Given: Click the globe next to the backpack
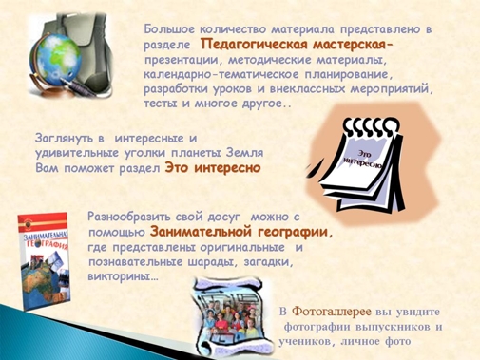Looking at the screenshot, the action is [57, 60].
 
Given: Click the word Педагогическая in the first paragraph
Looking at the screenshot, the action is [255, 45].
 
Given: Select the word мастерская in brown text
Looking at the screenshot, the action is [350, 45].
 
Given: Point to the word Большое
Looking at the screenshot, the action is [169, 29].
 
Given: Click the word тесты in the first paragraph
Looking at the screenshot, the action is [160, 104].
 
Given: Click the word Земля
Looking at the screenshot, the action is [244, 153].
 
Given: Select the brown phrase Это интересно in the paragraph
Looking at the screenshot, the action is [213, 168].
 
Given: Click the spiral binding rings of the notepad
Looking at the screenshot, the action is [372, 126].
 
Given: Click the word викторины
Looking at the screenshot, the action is [123, 277].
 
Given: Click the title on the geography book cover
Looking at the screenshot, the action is [45, 240].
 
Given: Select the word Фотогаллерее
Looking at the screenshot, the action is [331, 312].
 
